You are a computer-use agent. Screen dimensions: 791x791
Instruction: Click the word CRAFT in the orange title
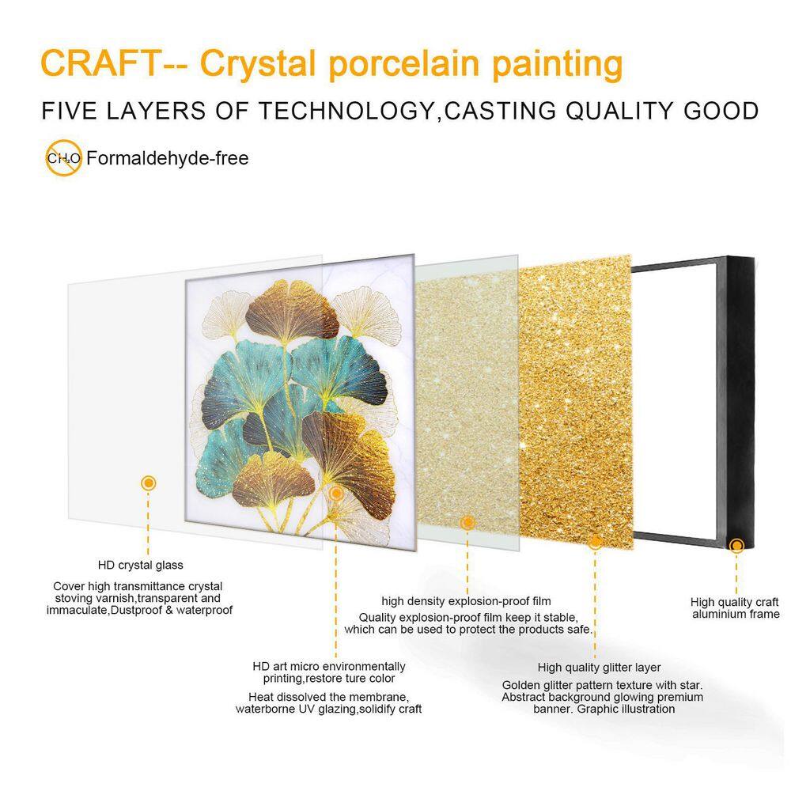point(100,63)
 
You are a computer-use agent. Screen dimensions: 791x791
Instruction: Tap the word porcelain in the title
point(404,65)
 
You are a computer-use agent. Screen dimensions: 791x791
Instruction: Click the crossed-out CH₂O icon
point(63,158)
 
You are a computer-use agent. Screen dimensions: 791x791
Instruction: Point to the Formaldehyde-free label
point(168,158)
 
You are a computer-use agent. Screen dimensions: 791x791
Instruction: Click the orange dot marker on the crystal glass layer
point(149,483)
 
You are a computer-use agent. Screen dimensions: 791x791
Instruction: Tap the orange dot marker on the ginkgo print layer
point(336,494)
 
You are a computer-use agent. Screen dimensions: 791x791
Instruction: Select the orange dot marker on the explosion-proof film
point(467,523)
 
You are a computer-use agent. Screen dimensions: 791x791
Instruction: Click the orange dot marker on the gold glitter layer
point(596,543)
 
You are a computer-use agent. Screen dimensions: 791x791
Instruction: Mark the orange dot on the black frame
point(737,545)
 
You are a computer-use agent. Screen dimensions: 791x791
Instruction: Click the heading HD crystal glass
point(141,565)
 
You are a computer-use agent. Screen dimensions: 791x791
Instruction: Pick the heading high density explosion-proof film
point(466,601)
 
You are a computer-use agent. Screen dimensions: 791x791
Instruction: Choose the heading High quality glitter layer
point(600,668)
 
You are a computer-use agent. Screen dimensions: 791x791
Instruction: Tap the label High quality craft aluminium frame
point(735,607)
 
